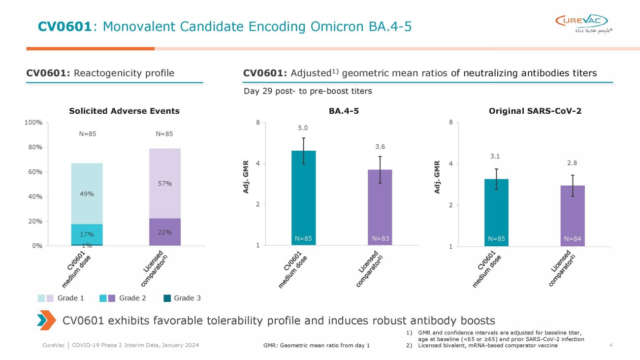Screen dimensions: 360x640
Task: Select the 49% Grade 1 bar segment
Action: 87,194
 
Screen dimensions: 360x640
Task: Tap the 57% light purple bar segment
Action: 165,183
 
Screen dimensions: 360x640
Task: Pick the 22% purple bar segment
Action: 165,231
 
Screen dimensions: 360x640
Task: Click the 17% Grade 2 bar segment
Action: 87,234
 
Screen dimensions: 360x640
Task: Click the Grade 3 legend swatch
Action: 167,298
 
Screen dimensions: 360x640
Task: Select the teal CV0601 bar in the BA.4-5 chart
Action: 304,197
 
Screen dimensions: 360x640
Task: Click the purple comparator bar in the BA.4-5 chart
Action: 380,207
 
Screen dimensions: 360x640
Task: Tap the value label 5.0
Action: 304,128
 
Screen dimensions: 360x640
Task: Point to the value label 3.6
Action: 380,146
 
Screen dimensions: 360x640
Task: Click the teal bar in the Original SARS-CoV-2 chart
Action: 497,212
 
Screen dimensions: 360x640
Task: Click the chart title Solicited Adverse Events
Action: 124,111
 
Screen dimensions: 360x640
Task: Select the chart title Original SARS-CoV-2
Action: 535,111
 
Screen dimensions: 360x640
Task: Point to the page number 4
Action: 610,345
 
